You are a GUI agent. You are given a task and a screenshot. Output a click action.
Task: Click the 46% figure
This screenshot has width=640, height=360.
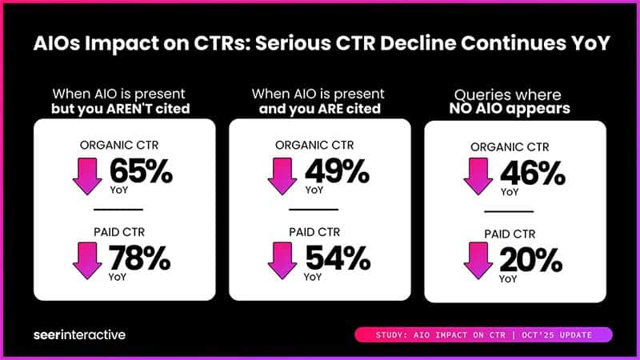530,173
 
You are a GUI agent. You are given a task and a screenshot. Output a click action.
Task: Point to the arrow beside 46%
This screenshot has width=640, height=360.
478,177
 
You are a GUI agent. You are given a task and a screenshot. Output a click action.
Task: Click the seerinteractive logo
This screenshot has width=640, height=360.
79,334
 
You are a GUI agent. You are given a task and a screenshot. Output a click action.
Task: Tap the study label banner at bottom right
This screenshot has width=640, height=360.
482,334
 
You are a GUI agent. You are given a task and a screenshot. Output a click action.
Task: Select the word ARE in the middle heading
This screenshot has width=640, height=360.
328,108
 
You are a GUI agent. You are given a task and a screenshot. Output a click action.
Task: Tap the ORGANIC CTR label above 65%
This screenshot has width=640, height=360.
123,146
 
